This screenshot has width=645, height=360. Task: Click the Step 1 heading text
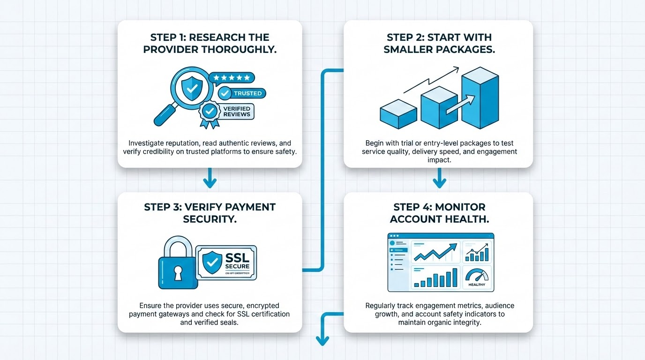click(x=210, y=43)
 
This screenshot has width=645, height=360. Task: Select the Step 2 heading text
click(x=439, y=43)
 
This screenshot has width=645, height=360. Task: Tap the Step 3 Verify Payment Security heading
click(x=210, y=213)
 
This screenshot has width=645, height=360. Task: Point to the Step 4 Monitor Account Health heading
click(x=439, y=213)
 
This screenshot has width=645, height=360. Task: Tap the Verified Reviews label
click(x=237, y=112)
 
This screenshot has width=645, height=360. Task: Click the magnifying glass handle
click(x=164, y=114)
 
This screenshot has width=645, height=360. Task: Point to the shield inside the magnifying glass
click(x=188, y=87)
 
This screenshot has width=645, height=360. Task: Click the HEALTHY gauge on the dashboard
click(x=477, y=277)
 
